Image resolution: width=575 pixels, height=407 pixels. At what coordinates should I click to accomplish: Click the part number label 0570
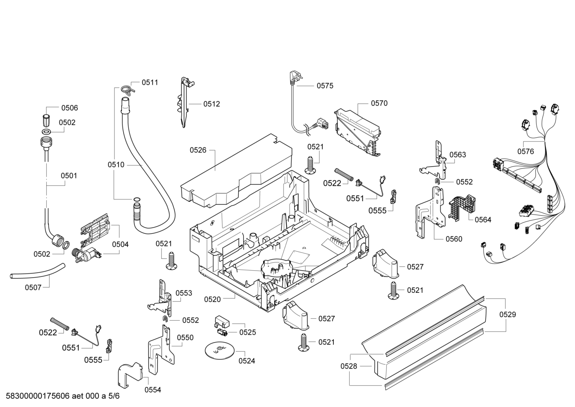coord(379,103)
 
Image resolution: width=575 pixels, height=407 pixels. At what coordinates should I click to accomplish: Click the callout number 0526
coord(198,150)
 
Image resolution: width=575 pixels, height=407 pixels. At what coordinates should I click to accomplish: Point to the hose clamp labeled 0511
coord(127,90)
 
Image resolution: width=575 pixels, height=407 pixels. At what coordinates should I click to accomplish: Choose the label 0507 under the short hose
coord(33,288)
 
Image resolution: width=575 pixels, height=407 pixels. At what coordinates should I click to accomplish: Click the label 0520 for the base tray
coord(212,299)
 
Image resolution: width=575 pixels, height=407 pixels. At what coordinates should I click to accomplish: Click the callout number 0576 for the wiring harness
coord(526,151)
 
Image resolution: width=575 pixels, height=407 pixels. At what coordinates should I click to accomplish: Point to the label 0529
coord(508,314)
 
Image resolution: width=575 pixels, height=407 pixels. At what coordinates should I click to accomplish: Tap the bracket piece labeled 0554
coord(130,375)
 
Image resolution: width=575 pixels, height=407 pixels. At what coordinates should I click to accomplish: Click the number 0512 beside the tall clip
coord(211,104)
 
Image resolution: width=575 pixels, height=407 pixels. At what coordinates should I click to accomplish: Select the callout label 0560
coord(454,239)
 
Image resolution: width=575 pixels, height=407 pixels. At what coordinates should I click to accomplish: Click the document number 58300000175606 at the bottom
coord(38,396)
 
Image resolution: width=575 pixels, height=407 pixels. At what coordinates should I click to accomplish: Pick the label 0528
coord(349,366)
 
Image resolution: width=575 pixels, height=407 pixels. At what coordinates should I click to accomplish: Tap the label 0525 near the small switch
coord(248,332)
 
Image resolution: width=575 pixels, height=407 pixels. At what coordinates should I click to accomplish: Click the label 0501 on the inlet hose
coord(69,176)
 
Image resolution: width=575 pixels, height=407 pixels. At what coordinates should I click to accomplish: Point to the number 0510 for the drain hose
coord(116,165)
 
